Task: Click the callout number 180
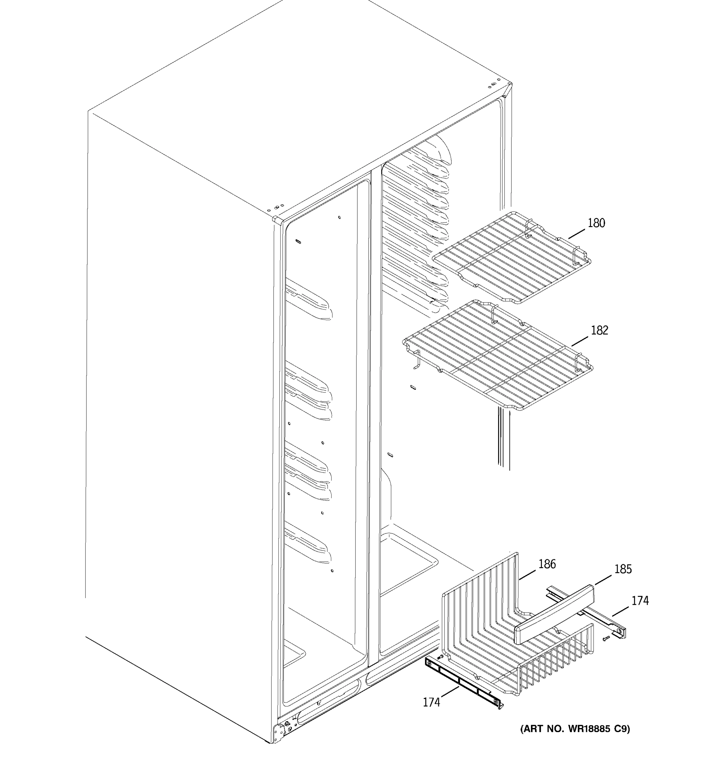click(x=596, y=223)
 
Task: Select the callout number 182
click(x=599, y=330)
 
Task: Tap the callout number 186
click(x=547, y=564)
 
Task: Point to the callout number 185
click(x=623, y=569)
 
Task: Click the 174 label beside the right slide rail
click(x=640, y=601)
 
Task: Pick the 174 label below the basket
click(x=431, y=702)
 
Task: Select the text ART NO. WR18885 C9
click(x=575, y=729)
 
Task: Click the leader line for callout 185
click(x=603, y=579)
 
